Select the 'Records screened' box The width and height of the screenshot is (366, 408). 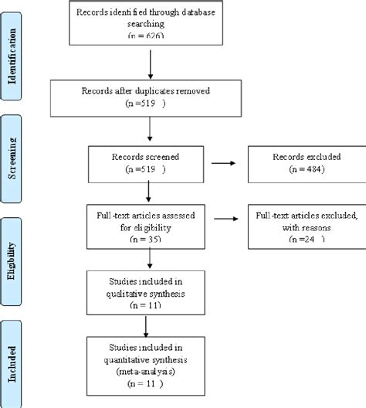pyautogui.click(x=147, y=162)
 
